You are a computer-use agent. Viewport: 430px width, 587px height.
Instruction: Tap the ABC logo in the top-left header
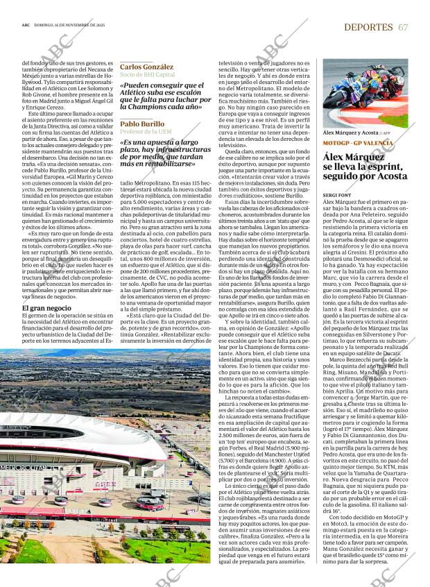26,26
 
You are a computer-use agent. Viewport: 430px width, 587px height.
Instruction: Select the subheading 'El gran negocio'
46,307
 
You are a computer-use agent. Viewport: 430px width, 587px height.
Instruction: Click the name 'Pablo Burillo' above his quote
142,124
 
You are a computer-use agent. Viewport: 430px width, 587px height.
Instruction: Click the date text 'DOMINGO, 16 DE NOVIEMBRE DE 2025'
70,26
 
